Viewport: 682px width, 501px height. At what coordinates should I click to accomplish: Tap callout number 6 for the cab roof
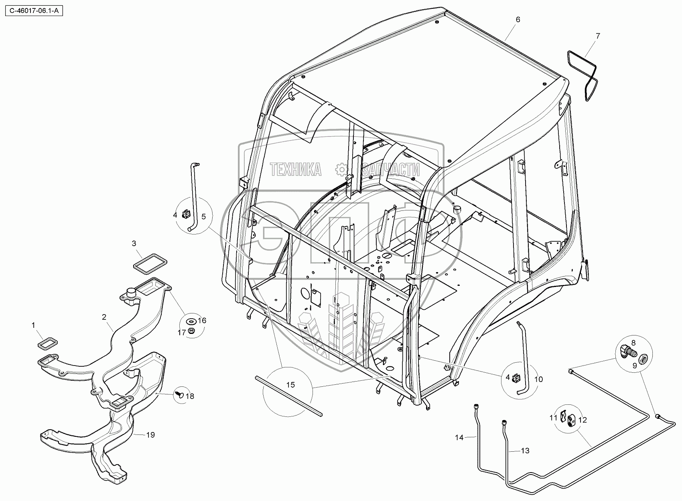click(x=518, y=20)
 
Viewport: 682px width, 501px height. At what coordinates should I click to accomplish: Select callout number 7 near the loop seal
click(x=598, y=36)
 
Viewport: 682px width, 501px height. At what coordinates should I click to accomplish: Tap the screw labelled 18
click(x=179, y=395)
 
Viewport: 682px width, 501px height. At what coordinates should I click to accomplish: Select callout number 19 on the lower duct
click(x=150, y=435)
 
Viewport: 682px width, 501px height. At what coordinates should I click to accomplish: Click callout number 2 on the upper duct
click(x=104, y=317)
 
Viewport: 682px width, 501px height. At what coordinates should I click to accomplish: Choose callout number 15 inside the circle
click(x=290, y=385)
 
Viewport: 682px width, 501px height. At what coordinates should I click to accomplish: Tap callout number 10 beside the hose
click(x=539, y=379)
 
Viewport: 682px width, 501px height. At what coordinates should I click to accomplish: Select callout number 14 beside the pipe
click(x=459, y=438)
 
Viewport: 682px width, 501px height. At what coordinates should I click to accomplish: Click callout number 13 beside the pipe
click(x=525, y=451)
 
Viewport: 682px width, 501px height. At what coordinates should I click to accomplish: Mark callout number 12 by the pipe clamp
click(x=583, y=420)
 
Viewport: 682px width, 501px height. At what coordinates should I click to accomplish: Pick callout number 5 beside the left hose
click(x=203, y=217)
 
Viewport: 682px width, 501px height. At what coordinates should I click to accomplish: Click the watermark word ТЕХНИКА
click(x=296, y=170)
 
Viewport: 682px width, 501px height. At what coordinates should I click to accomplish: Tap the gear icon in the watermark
click(x=341, y=170)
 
